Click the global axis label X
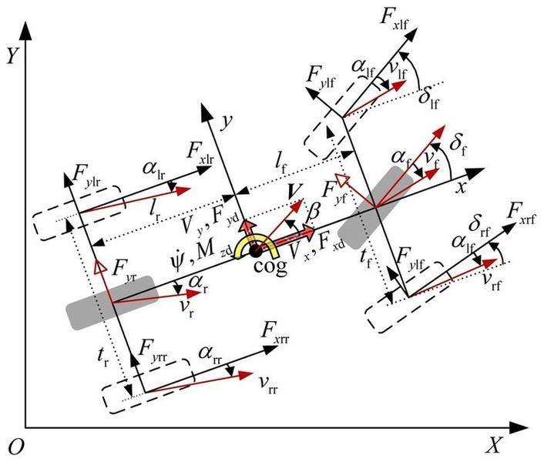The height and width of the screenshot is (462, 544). (x=493, y=445)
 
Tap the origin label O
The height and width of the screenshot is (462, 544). (x=15, y=447)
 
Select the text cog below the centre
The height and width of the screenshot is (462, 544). (x=270, y=266)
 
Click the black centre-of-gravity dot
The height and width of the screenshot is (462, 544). (x=256, y=251)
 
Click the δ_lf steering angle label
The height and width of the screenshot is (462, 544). (x=429, y=99)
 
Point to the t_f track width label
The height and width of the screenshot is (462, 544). (x=366, y=258)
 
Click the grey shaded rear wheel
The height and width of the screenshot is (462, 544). (x=112, y=303)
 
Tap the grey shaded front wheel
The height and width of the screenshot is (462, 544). (x=376, y=208)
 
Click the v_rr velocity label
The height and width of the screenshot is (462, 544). (x=268, y=385)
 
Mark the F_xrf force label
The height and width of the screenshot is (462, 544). (x=521, y=213)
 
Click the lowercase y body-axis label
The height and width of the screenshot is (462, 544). (x=227, y=122)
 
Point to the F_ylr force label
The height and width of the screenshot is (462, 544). (x=87, y=176)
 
